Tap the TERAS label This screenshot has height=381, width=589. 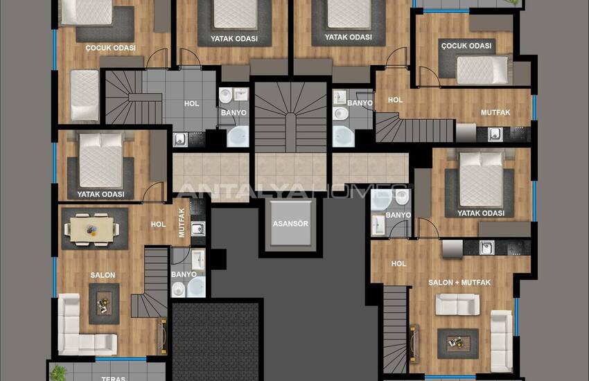[x=113, y=378]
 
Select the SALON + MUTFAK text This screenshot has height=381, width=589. [x=459, y=283]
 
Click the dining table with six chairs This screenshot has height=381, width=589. [x=91, y=229]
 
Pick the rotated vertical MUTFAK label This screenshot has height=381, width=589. [x=182, y=223]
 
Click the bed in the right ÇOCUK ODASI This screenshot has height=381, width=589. [x=482, y=70]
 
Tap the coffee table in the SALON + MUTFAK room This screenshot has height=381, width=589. [x=457, y=341]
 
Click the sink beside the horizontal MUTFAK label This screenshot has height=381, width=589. [x=495, y=134]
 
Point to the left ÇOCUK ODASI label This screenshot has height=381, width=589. [x=110, y=48]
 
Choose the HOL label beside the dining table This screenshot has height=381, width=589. [x=158, y=224]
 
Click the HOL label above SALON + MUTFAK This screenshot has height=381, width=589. [x=398, y=263]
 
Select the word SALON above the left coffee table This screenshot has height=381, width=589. [x=103, y=275]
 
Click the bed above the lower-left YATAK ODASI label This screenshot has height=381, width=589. [x=101, y=157]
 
